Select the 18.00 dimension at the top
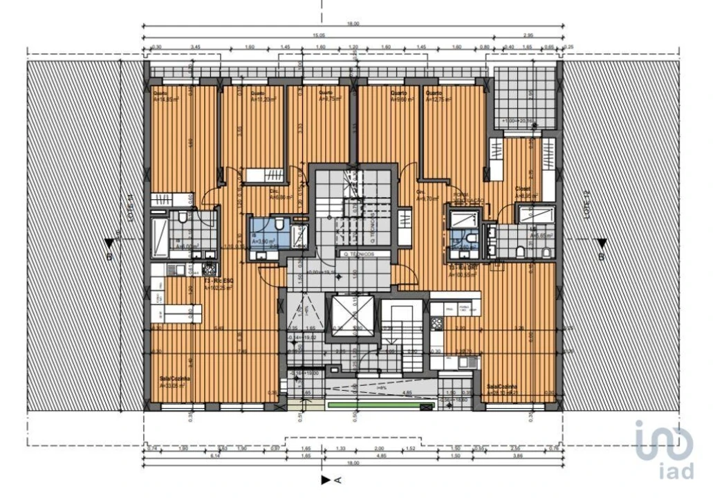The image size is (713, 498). tap(353, 24)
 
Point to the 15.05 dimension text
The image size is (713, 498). tap(319, 35)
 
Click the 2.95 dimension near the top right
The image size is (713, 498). tap(528, 35)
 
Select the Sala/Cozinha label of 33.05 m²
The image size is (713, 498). tap(174, 382)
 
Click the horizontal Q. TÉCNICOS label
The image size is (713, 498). tap(359, 255)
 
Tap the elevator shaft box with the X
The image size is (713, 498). tap(352, 317)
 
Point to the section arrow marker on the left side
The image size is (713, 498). tap(109, 243)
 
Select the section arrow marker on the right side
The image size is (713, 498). tap(602, 243)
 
